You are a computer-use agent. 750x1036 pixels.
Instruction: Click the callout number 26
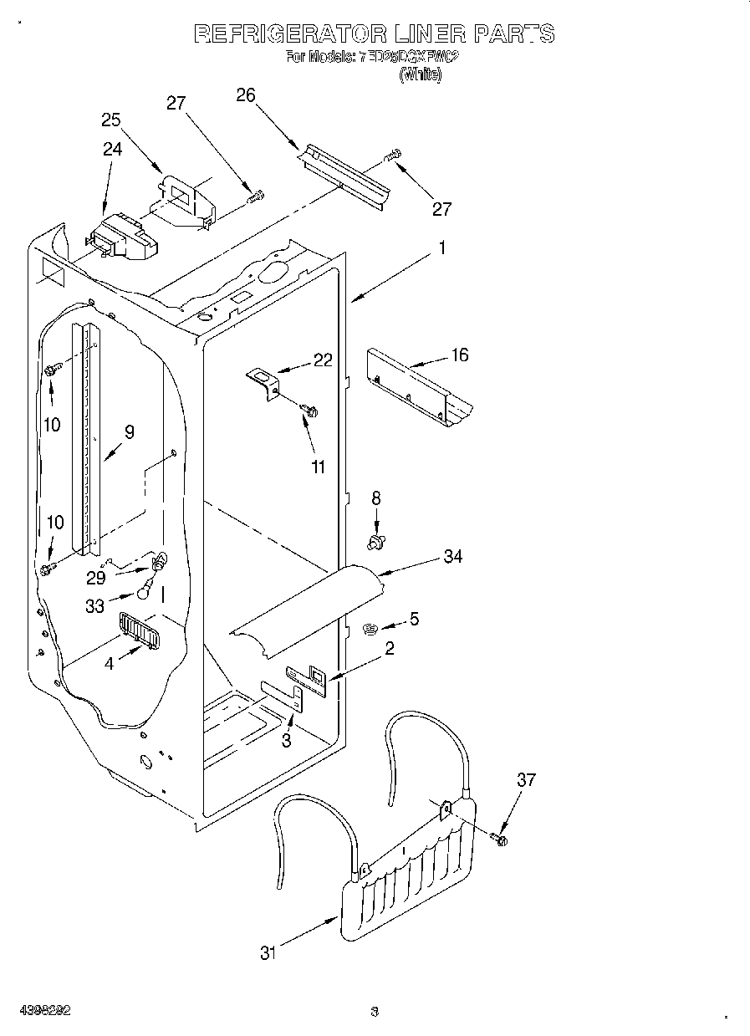tap(245, 94)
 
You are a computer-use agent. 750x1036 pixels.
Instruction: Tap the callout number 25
tap(111, 120)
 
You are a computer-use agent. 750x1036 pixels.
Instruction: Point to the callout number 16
tap(459, 355)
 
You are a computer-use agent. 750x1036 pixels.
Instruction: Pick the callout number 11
tap(318, 467)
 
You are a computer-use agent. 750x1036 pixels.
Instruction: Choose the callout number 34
tap(453, 556)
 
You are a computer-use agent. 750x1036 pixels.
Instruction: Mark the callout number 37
tap(526, 780)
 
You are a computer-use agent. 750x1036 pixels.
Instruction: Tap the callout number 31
tap(268, 952)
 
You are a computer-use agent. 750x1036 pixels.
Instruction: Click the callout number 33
tap(95, 608)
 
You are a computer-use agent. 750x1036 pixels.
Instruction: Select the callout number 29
tap(96, 578)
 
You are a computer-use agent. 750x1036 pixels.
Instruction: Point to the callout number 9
tap(129, 432)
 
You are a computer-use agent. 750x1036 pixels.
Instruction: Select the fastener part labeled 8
tap(375, 543)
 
